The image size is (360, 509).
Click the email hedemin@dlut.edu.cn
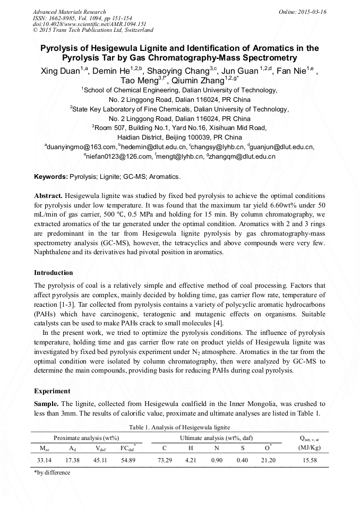[x=153, y=147]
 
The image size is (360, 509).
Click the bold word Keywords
[x=50, y=176]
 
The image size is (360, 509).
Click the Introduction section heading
[x=54, y=273]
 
